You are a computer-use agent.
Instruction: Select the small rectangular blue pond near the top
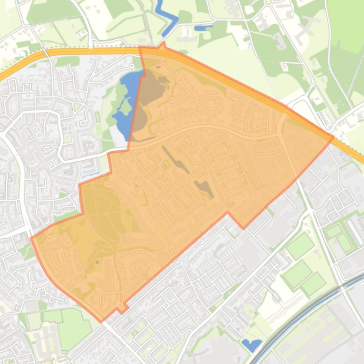coord(203,28)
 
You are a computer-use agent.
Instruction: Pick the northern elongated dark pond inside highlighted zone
coord(176,160)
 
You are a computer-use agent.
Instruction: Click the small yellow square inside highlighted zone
coord(166,165)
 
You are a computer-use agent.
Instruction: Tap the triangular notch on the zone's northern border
coord(163,45)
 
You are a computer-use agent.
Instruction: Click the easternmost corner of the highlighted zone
coord(333,137)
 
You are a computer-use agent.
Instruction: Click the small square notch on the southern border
coord(121,308)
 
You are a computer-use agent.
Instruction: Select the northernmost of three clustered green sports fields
coord(300,246)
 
